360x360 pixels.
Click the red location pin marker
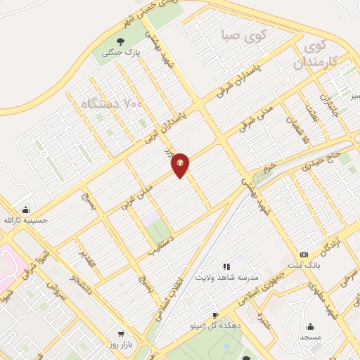point(181,165)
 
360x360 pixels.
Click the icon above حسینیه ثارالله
point(26,209)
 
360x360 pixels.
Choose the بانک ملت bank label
point(303,265)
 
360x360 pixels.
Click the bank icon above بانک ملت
point(304,254)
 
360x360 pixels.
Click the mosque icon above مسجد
point(311,326)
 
